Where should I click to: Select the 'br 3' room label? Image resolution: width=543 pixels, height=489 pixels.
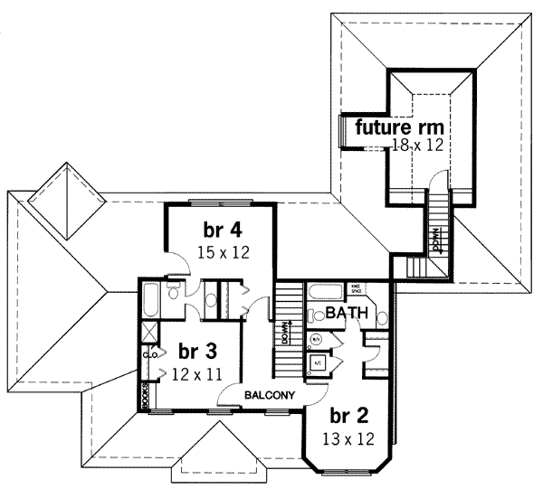click(196, 350)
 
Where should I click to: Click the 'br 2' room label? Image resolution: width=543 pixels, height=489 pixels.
click(348, 417)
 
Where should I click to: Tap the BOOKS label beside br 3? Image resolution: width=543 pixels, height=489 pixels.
click(144, 396)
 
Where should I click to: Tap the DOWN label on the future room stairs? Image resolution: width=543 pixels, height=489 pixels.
click(436, 242)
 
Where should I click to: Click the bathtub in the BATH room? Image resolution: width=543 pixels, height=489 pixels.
click(324, 291)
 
